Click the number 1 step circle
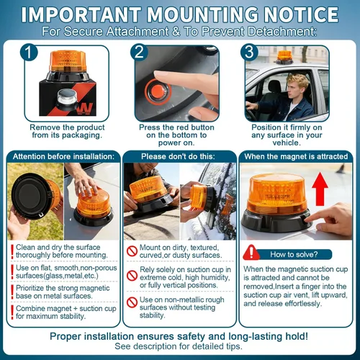[x=29, y=52]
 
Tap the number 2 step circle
[x=139, y=52]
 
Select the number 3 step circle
[x=249, y=52]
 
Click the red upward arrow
[x=320, y=189]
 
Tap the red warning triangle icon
[x=251, y=253]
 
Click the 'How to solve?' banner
[x=294, y=254]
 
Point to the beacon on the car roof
[x=284, y=57]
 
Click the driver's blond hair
[x=297, y=81]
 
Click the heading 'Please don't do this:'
[x=178, y=156]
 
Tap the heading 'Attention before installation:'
[x=63, y=156]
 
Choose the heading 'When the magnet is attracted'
[x=296, y=156]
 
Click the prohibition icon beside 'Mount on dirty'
[x=132, y=251]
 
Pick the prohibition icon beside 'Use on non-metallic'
[x=132, y=302]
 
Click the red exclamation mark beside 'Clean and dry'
[x=12, y=251]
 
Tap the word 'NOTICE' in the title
[x=301, y=14]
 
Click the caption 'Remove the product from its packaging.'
[x=67, y=131]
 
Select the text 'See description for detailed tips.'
[x=179, y=346]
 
